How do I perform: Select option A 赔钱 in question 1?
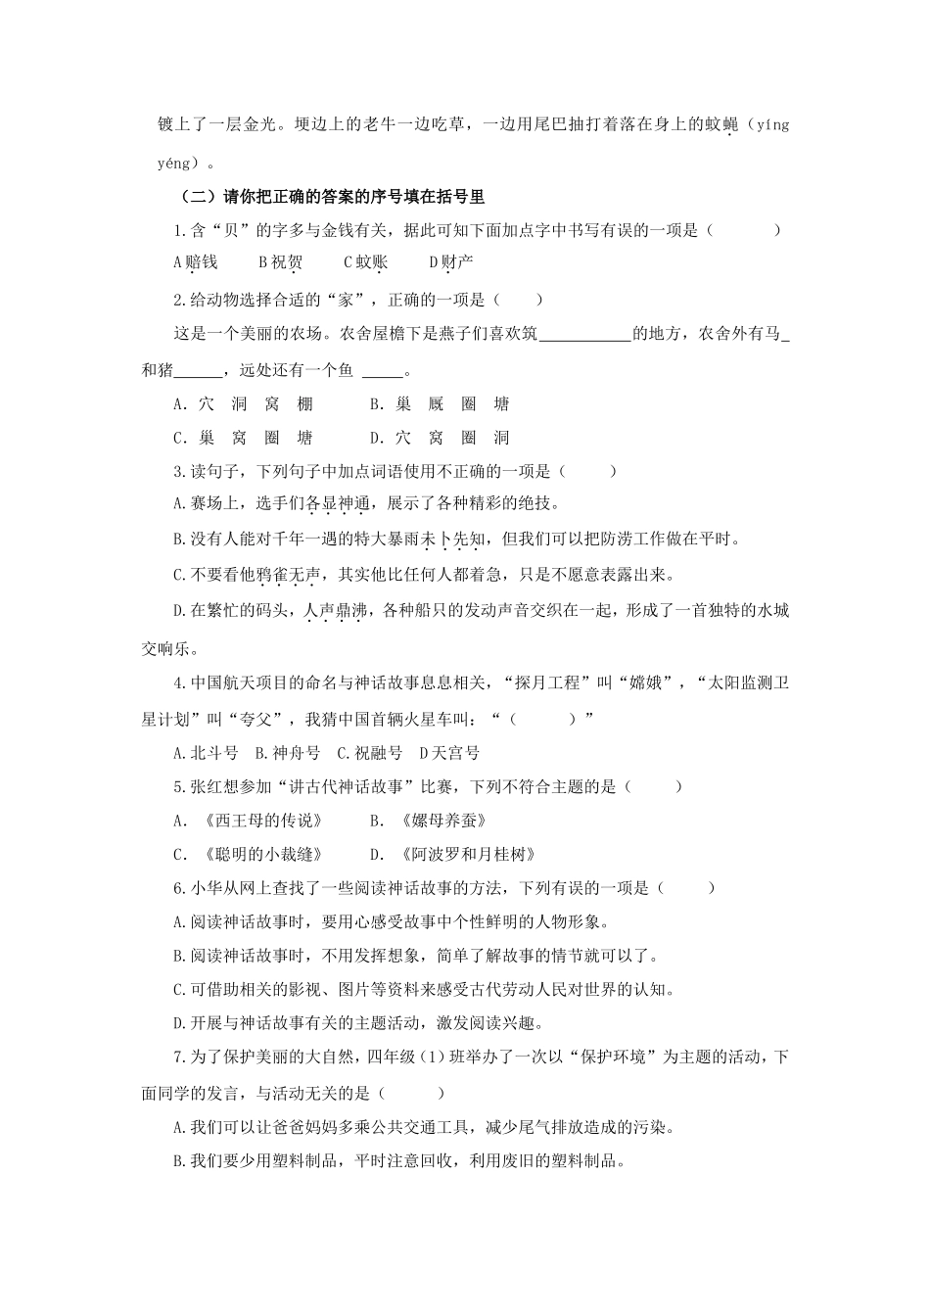click(195, 262)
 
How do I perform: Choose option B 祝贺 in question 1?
click(280, 262)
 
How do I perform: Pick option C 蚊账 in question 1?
click(365, 262)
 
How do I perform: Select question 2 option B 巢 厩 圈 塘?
click(440, 404)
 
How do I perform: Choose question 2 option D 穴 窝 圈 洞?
click(440, 438)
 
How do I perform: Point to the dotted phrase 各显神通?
click(338, 505)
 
